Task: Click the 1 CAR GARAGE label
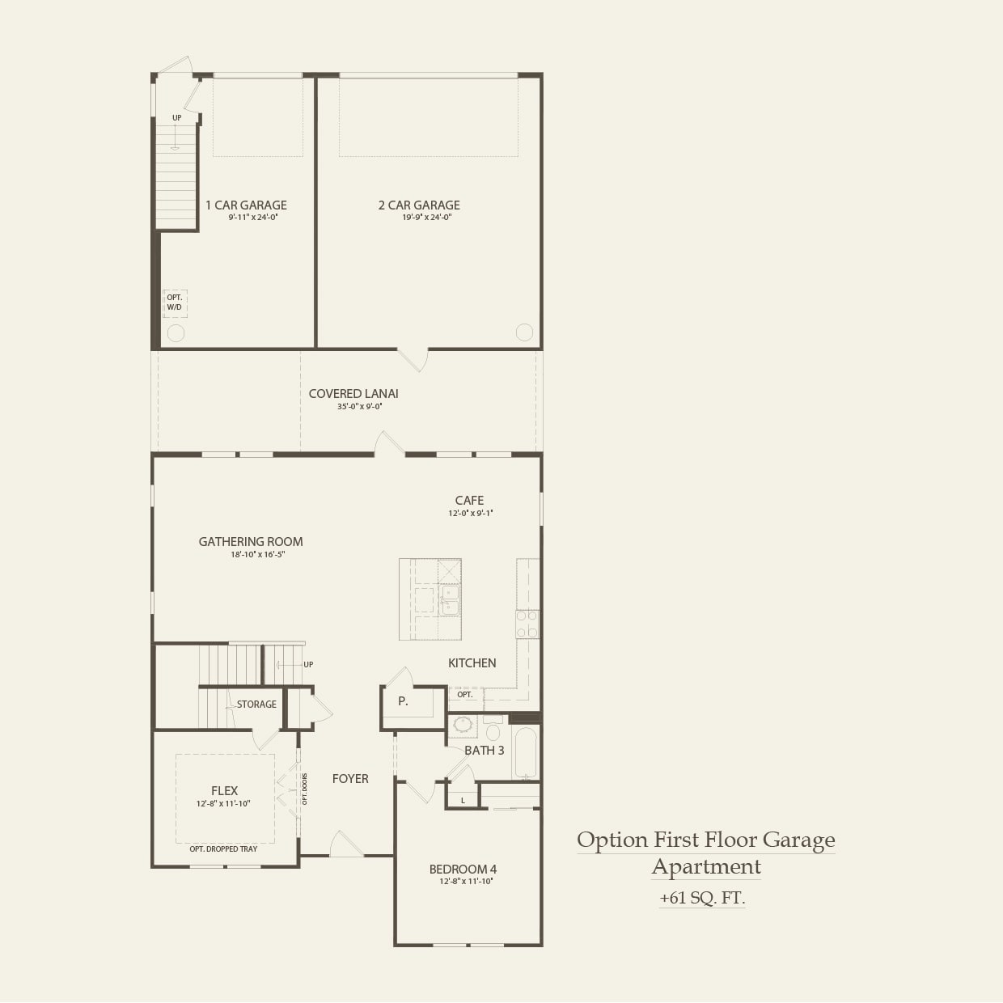click(246, 205)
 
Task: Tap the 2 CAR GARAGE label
click(419, 205)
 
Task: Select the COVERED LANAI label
click(353, 394)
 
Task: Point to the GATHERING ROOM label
click(251, 542)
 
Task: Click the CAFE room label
click(469, 501)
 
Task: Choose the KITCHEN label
click(472, 663)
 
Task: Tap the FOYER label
click(350, 779)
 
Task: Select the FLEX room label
click(224, 791)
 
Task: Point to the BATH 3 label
click(484, 751)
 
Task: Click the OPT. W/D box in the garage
click(175, 303)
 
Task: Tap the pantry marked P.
click(403, 702)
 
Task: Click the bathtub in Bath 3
click(526, 752)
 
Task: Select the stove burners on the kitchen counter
click(527, 624)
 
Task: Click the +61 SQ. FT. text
click(702, 898)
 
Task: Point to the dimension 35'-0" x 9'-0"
click(359, 407)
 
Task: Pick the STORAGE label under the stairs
click(256, 705)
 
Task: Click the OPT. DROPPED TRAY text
click(223, 849)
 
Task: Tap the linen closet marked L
click(463, 801)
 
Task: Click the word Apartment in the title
click(706, 867)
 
